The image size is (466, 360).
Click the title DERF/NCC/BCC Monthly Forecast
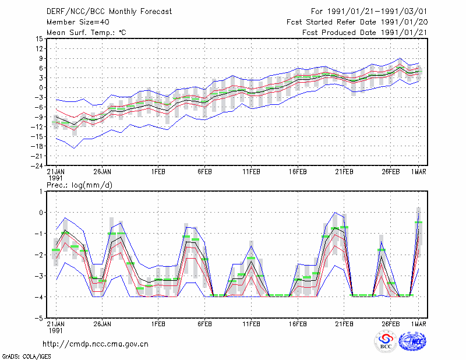[109, 12]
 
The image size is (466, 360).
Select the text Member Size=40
[78, 22]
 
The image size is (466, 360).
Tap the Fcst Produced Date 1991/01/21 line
[365, 33]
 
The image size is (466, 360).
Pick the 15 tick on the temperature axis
[39, 38]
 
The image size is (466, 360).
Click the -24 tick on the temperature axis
[37, 165]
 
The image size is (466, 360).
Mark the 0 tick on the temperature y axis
[41, 88]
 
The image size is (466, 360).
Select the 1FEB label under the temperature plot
[158, 172]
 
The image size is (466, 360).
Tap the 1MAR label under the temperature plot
[418, 172]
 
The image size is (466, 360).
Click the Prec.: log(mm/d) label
[79, 185]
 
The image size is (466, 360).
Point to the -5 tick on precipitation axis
[39, 318]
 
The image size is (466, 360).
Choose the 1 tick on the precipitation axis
[41, 192]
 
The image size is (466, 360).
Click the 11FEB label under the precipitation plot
[252, 324]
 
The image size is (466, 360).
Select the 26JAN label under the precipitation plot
[103, 324]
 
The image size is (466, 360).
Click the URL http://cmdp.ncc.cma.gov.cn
[96, 344]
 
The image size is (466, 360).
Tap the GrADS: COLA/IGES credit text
[26, 357]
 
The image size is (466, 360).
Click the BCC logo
[386, 342]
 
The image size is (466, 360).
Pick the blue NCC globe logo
[412, 341]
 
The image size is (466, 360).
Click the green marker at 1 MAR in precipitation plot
[418, 222]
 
